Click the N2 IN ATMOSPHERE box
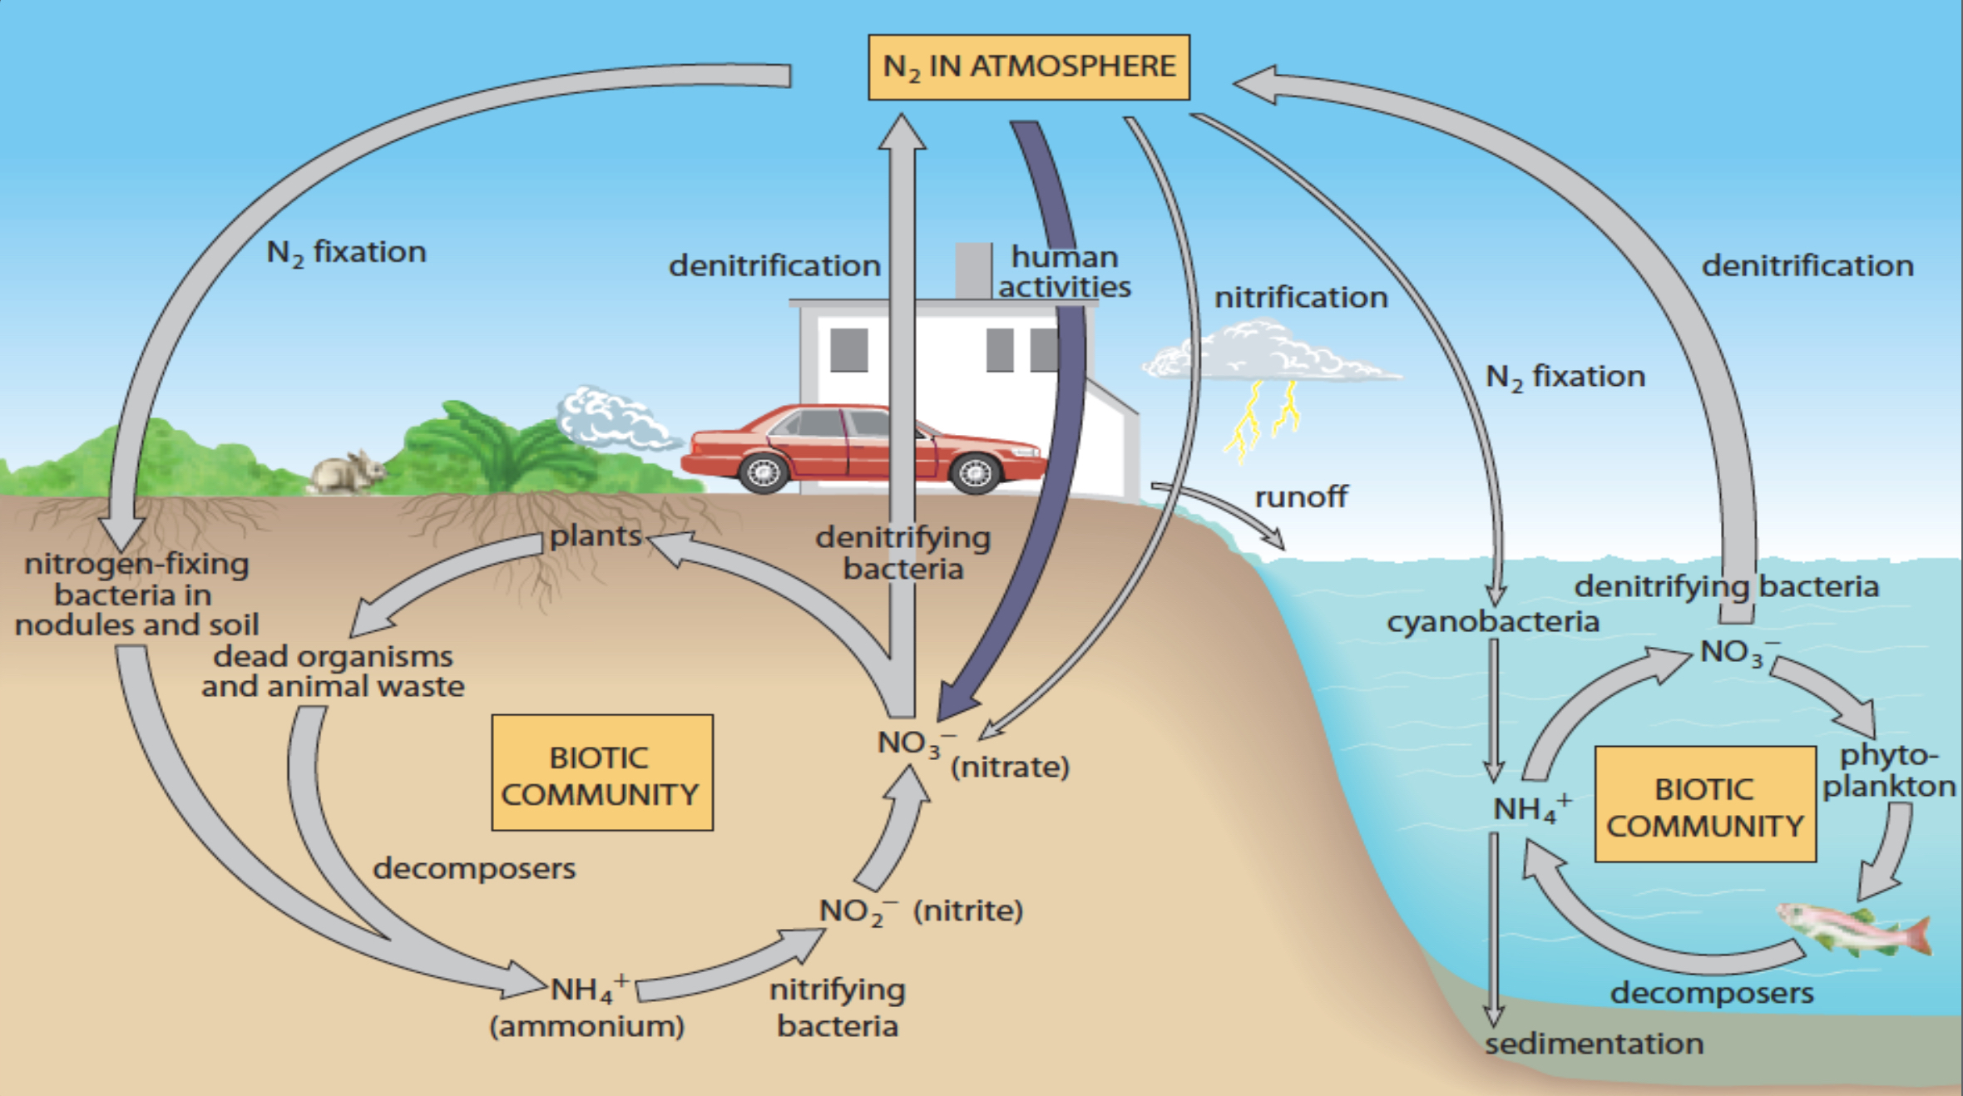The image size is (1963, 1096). click(1028, 67)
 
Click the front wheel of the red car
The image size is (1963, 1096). click(975, 473)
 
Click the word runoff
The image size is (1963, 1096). click(1300, 497)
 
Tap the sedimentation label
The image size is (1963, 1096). click(1594, 1044)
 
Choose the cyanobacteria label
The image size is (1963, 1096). click(1492, 622)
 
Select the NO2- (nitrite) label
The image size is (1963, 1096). click(920, 911)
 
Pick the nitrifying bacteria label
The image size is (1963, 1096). click(837, 1007)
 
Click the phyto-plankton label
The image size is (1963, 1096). click(1888, 770)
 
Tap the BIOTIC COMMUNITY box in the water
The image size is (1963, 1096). click(1704, 805)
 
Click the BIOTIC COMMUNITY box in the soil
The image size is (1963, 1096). click(601, 773)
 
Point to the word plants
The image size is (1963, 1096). click(596, 536)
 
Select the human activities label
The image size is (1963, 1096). click(1064, 272)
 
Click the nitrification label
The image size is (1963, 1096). click(1300, 298)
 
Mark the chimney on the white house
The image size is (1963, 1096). click(973, 270)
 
